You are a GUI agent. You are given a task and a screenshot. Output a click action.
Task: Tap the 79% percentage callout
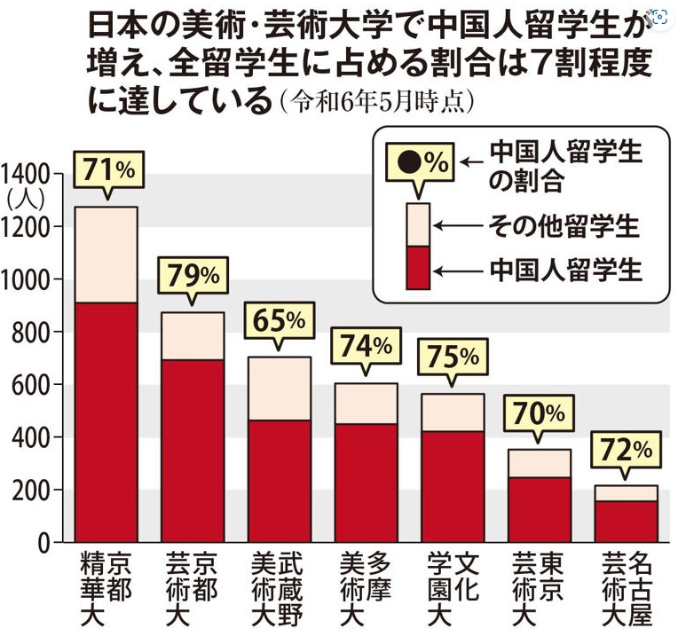point(192,275)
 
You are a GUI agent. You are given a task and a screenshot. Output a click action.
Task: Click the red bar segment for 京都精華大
point(106,421)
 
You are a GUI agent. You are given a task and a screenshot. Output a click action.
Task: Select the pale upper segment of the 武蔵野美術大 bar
point(278,389)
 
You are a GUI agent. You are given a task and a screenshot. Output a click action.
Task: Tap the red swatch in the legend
point(418,267)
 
